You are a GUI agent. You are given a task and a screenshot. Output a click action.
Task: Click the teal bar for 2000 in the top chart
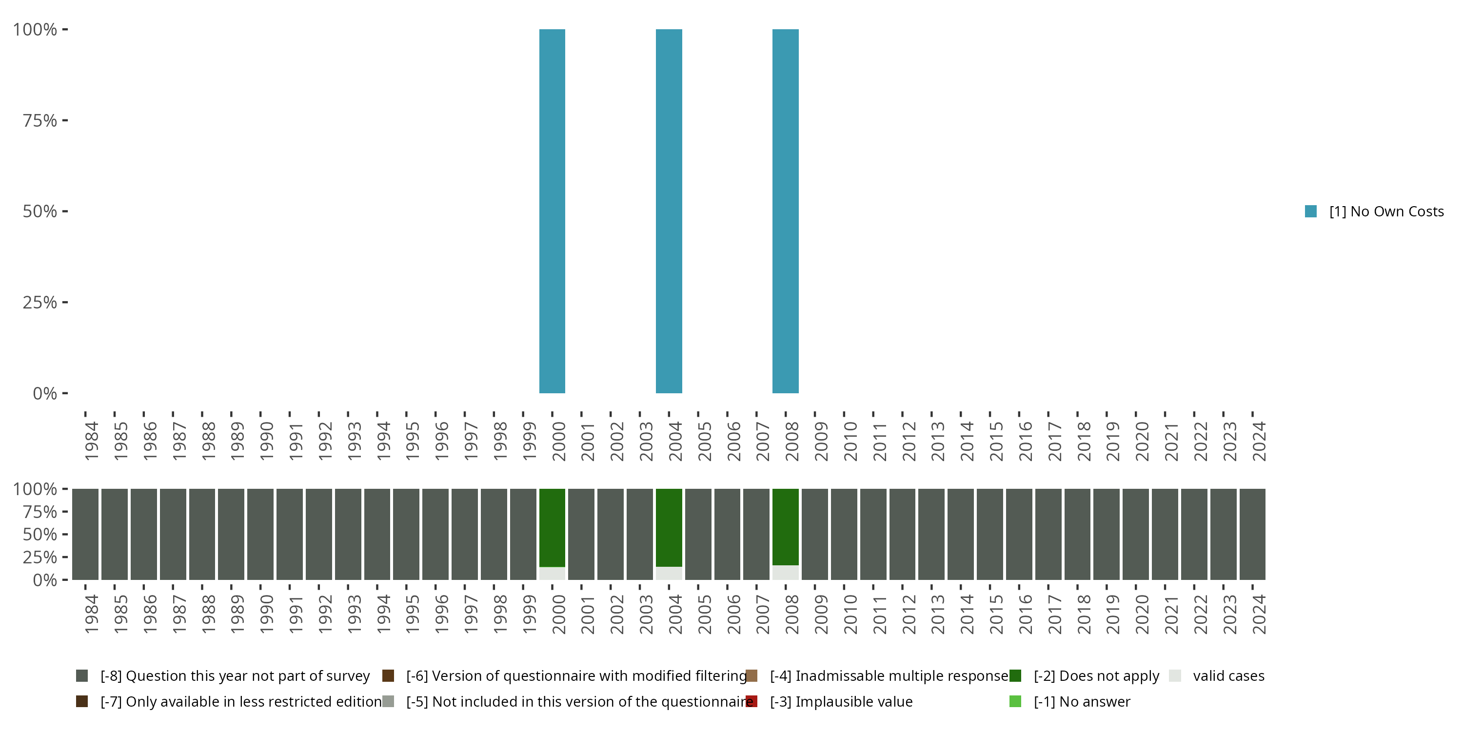[552, 211]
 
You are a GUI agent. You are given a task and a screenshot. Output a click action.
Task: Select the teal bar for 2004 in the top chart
[669, 211]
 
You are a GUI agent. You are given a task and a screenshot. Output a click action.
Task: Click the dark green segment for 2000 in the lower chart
[552, 528]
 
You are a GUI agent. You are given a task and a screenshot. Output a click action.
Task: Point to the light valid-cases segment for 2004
[669, 573]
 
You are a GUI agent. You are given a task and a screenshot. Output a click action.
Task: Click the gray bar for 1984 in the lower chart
[85, 534]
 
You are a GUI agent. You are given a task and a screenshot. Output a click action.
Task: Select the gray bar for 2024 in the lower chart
[1252, 534]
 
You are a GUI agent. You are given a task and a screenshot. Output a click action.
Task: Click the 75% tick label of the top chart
[40, 120]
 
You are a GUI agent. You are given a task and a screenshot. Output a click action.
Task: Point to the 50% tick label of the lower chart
[40, 534]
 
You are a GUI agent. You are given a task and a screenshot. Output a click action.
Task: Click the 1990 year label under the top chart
[266, 441]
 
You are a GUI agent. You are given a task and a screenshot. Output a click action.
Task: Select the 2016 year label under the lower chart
[1025, 614]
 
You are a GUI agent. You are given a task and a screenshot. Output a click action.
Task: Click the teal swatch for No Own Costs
[1311, 211]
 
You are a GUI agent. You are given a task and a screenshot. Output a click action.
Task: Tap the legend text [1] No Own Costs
[1386, 211]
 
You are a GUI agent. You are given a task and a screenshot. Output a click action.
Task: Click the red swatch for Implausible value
[751, 701]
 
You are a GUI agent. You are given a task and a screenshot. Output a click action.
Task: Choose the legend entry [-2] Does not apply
[1096, 676]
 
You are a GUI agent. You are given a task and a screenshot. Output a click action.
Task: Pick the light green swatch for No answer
[1015, 701]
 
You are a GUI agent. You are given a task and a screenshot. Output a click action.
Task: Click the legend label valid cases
[1228, 676]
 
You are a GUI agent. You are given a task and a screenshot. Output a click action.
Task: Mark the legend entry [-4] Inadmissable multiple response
[889, 676]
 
